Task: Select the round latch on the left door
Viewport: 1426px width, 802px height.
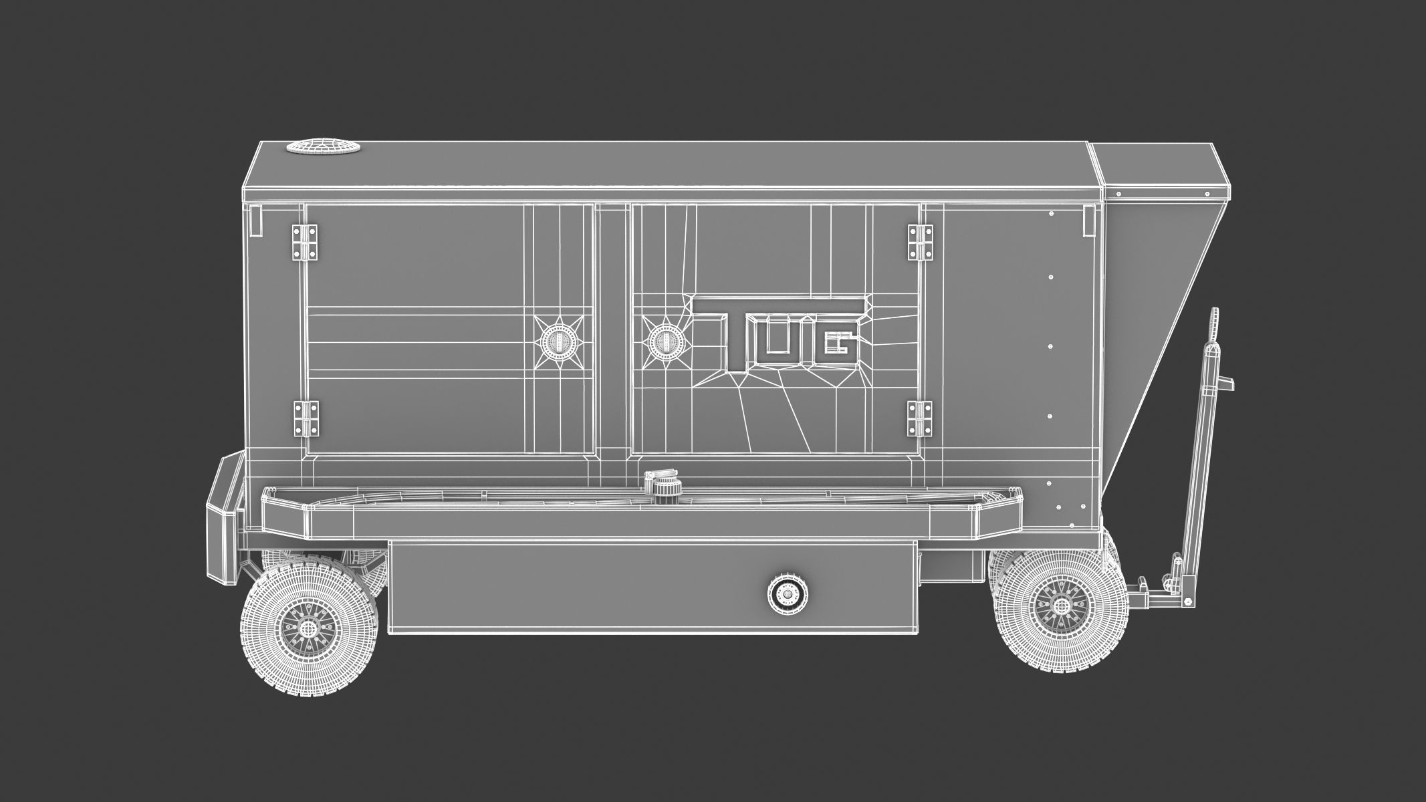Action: tap(557, 342)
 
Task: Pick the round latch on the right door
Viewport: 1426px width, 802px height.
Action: tap(664, 342)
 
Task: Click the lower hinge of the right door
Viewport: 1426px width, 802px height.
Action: tap(920, 418)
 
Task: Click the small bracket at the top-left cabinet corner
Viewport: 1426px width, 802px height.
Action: tap(255, 221)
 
